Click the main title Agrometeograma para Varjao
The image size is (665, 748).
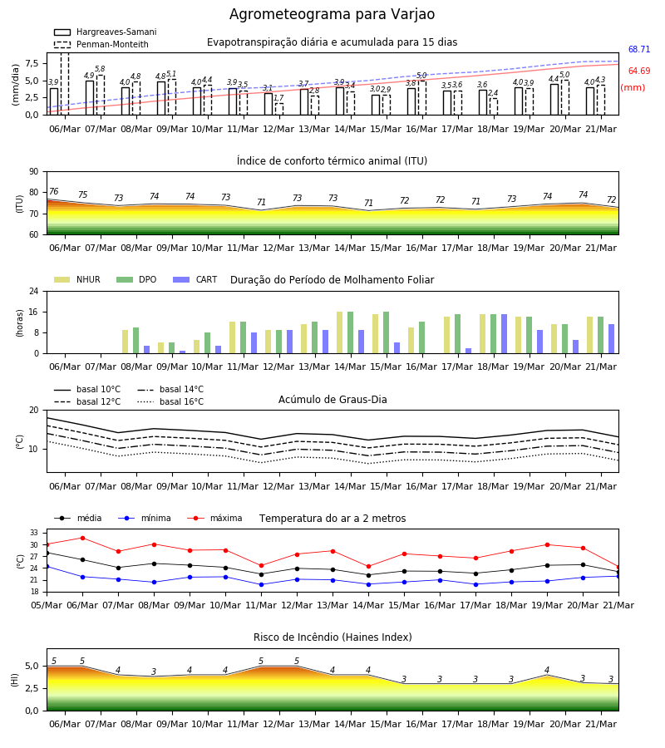[332, 14]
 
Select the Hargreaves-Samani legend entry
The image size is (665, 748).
[106, 32]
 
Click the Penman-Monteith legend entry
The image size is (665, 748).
[101, 44]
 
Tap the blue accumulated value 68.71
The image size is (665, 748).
[639, 49]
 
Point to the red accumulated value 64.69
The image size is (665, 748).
[639, 71]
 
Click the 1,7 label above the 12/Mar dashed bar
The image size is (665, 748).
[278, 98]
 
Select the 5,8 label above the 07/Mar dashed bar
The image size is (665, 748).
[100, 69]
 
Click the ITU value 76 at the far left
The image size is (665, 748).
[54, 191]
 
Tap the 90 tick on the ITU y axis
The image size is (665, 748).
[34, 172]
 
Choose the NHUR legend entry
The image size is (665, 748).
[77, 279]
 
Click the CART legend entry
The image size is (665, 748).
[195, 279]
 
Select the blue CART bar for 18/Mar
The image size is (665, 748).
[505, 334]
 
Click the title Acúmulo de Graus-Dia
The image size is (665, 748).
[332, 399]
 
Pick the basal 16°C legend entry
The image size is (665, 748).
[170, 401]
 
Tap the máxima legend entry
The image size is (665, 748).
[214, 518]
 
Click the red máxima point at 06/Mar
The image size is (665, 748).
[82, 538]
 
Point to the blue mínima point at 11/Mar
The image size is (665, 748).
[261, 584]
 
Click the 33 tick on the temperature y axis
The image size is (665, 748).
[34, 533]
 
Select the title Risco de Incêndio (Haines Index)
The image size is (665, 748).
[332, 637]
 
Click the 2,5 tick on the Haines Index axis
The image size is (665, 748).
[32, 688]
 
